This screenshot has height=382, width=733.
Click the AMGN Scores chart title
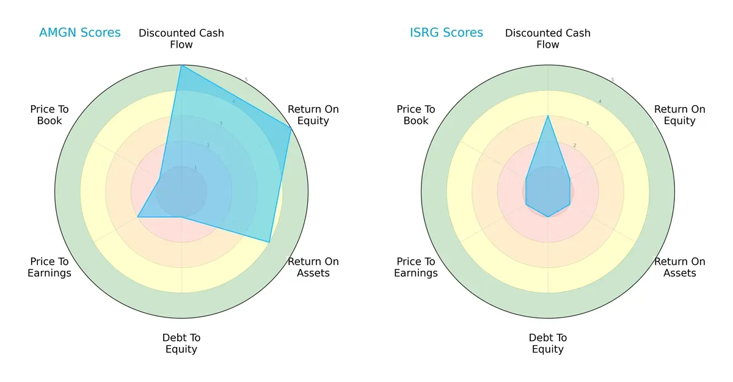click(79, 32)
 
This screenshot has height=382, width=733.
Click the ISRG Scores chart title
click(446, 32)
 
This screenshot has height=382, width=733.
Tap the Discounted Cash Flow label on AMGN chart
click(181, 39)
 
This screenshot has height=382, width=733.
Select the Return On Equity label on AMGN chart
click(313, 115)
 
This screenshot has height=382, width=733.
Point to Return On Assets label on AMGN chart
click(313, 267)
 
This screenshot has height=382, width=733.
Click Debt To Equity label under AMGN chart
click(181, 343)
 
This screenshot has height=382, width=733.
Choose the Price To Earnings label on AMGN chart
click(49, 267)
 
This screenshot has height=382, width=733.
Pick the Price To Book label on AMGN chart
click(49, 115)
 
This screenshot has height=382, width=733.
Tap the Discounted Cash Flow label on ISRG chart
click(548, 39)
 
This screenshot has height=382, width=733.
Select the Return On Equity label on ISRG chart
click(679, 115)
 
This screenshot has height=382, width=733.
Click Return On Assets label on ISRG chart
click(679, 267)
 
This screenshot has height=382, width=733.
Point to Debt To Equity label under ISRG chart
click(548, 343)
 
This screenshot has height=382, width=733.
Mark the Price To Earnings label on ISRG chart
click(416, 267)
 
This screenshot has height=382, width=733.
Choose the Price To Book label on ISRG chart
click(416, 115)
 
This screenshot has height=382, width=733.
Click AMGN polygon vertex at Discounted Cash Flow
click(181, 65)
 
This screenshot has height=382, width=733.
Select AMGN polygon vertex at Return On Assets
click(269, 242)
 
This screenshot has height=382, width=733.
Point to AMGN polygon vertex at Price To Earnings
click(137, 217)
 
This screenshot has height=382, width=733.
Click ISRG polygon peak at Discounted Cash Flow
click(548, 116)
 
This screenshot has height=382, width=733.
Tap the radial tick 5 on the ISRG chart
click(612, 79)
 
